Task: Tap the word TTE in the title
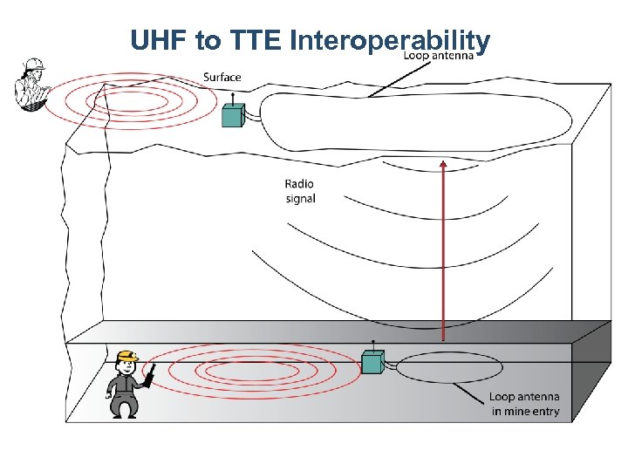256,41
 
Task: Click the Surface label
222,78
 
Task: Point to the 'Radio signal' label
299,191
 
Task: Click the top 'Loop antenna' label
439,55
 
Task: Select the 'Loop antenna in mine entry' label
523,404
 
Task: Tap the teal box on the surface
232,115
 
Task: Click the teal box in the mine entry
373,362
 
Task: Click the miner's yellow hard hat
128,356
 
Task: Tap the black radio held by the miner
149,376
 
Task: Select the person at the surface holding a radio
31,85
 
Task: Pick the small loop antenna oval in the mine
449,366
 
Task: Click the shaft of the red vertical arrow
444,253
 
